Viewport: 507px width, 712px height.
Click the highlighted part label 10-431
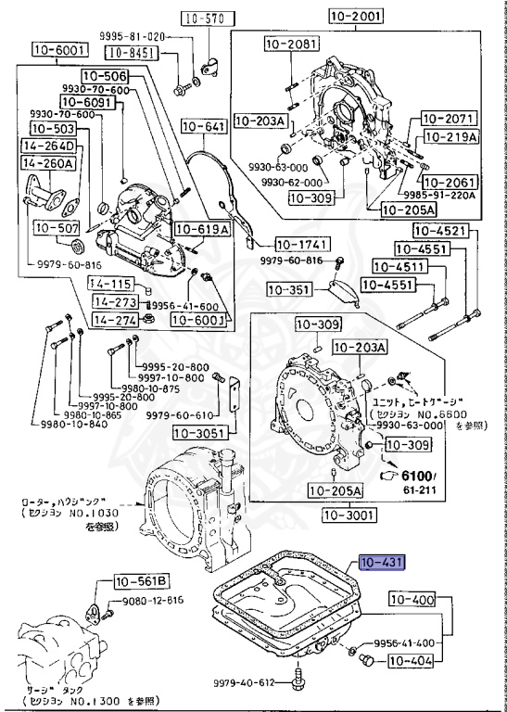pyautogui.click(x=381, y=563)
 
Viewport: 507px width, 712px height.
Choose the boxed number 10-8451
pyautogui.click(x=129, y=53)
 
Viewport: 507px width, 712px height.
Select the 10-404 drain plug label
pyautogui.click(x=411, y=661)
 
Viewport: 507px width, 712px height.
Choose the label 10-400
pyautogui.click(x=411, y=600)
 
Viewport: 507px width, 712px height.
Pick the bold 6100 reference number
pyautogui.click(x=415, y=475)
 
